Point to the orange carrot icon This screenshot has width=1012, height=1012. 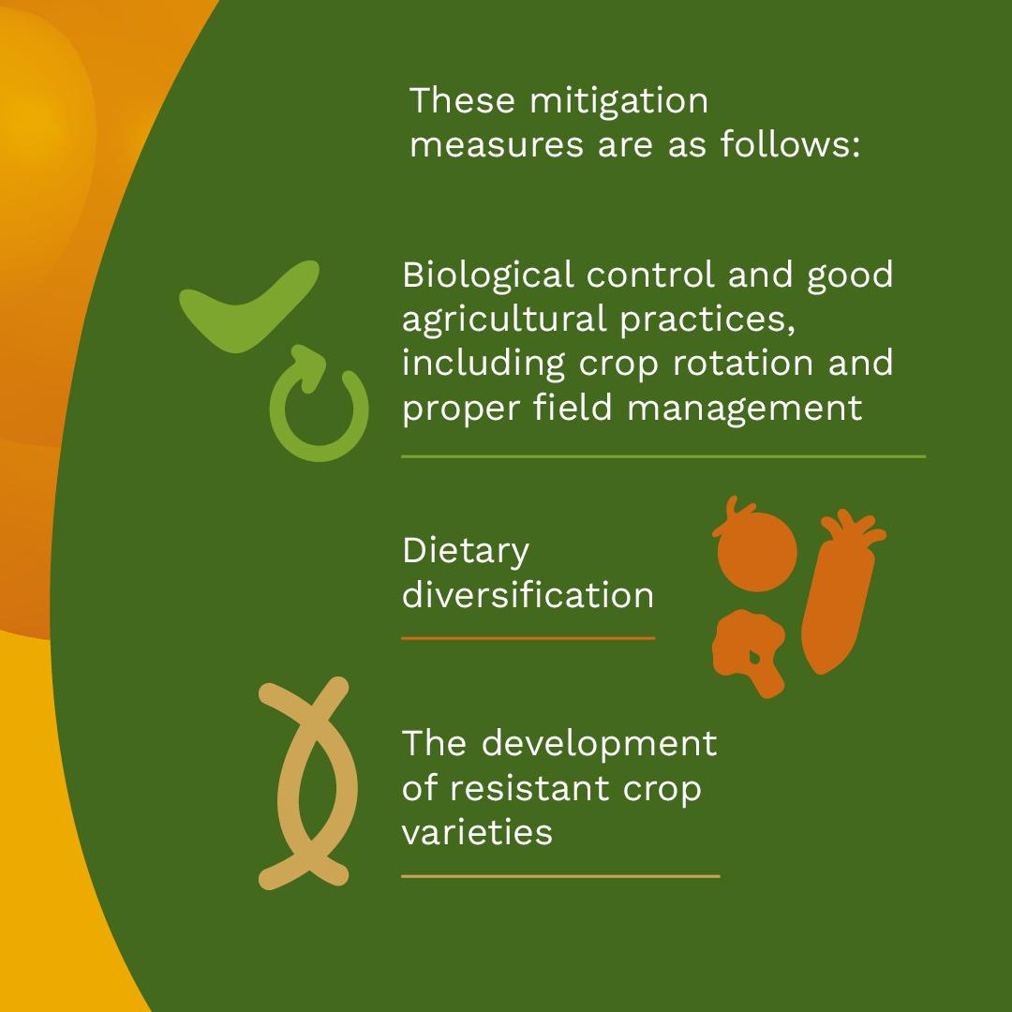click(x=838, y=594)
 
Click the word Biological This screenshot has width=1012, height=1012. click(x=488, y=275)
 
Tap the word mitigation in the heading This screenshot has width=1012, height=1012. click(x=619, y=101)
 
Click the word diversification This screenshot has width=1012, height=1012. click(x=528, y=594)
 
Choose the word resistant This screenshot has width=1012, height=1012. click(x=529, y=788)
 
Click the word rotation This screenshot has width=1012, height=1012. click(x=743, y=364)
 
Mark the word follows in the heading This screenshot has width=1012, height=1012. click(x=790, y=144)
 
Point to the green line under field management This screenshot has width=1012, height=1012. click(x=663, y=456)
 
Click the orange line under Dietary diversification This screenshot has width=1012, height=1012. click(x=528, y=638)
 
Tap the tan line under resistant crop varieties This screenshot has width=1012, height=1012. click(x=560, y=876)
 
